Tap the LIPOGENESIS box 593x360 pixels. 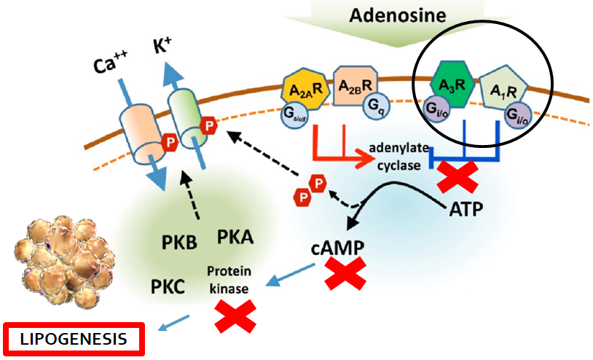pyautogui.click(x=74, y=339)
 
